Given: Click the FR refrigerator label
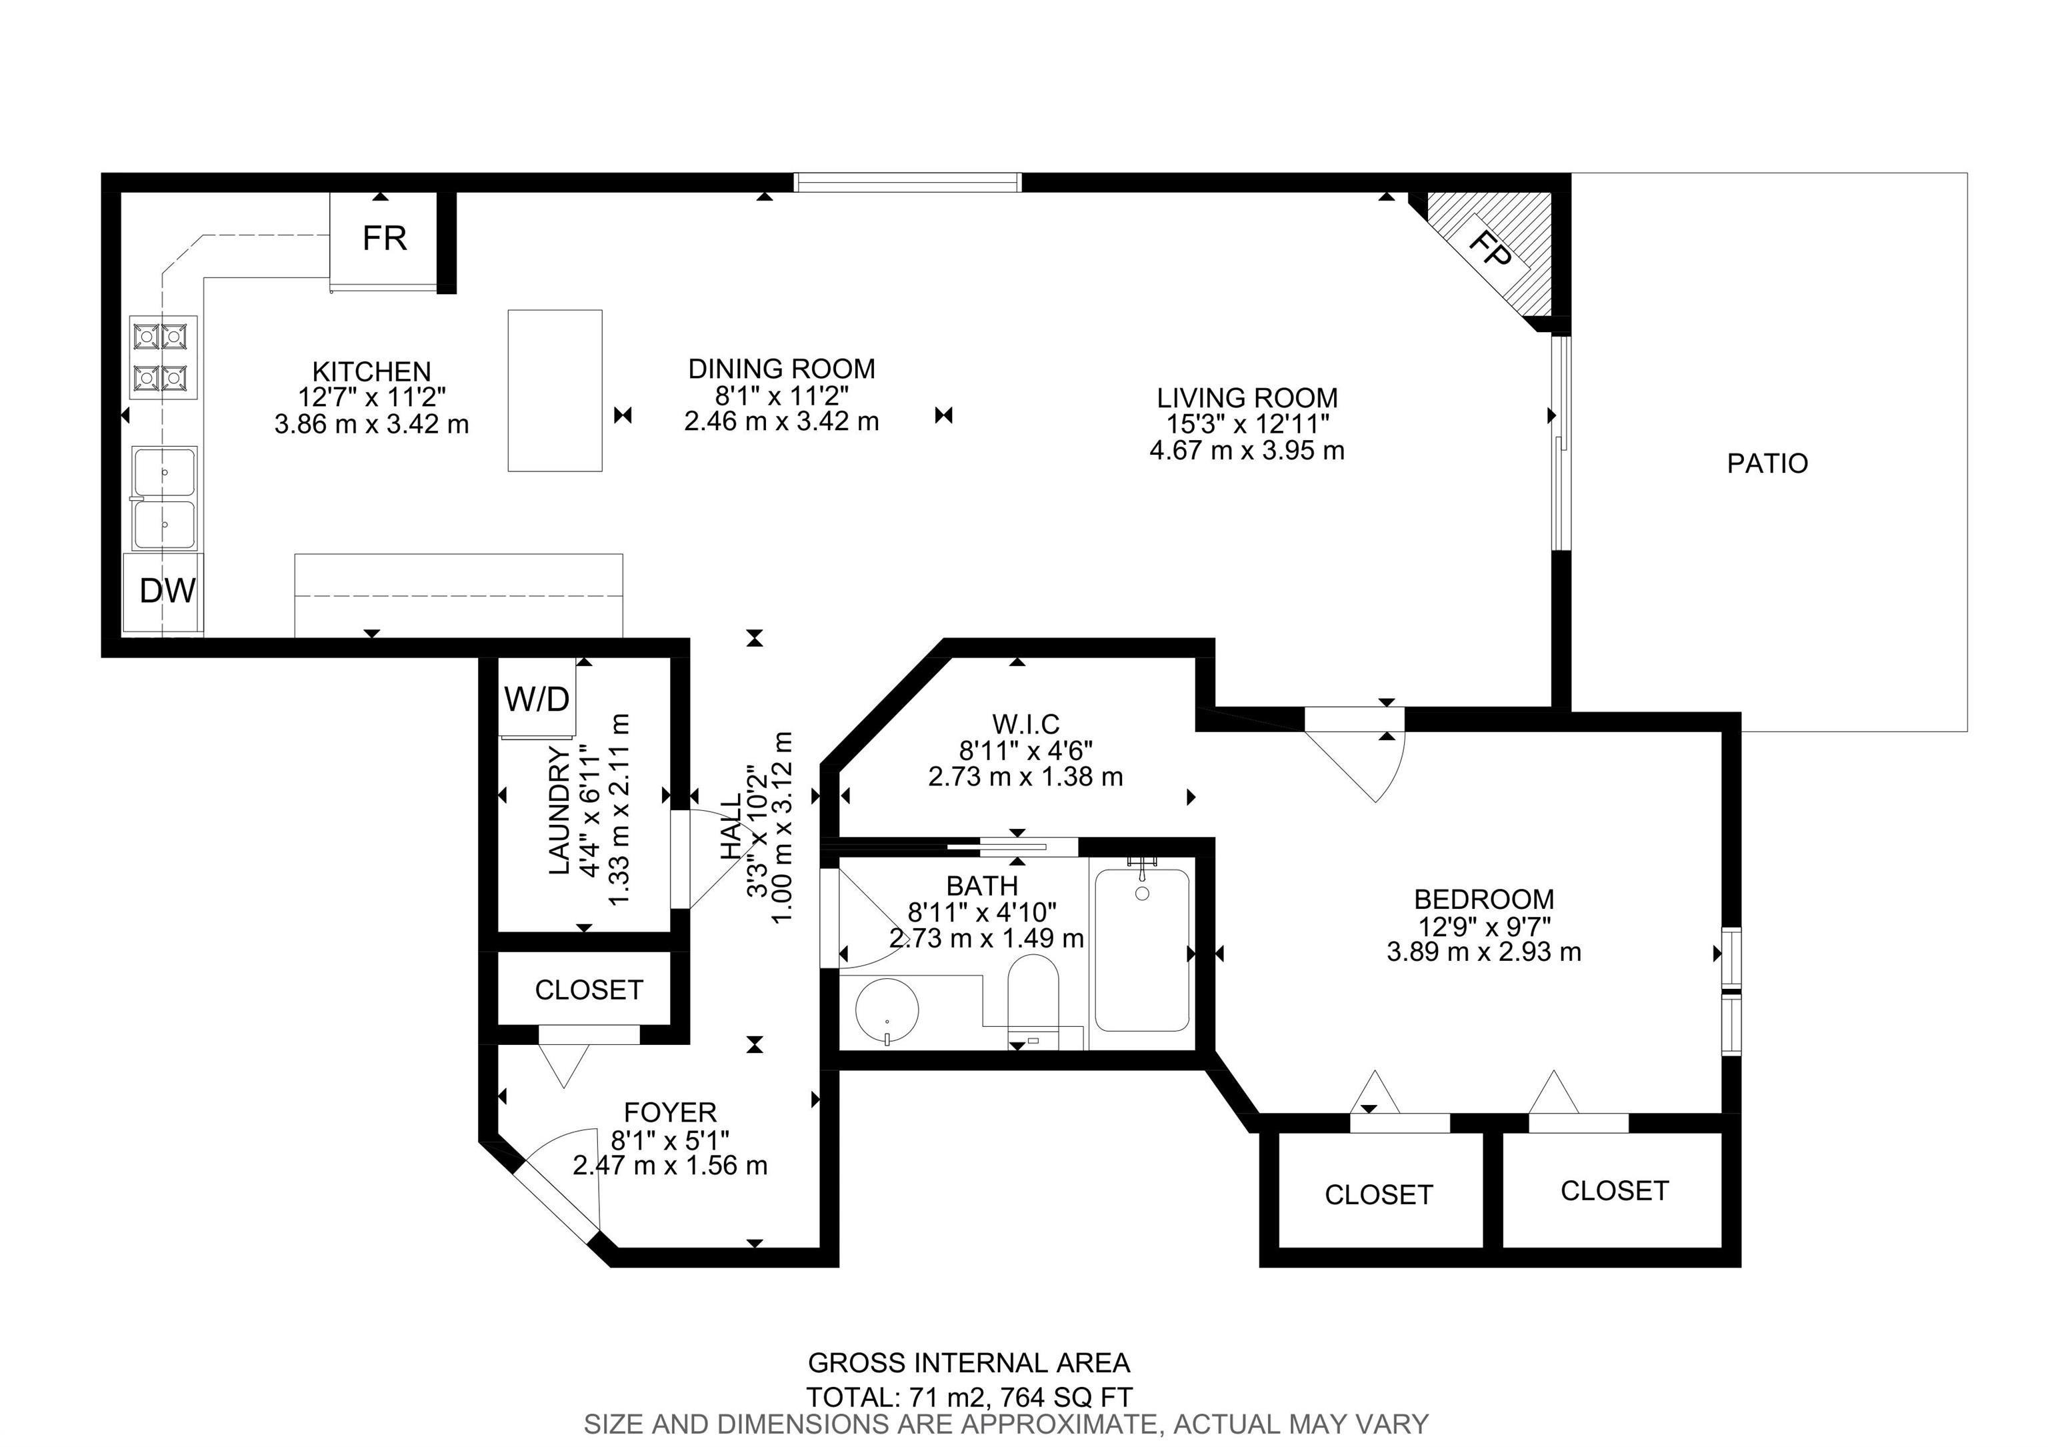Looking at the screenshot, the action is (x=385, y=238).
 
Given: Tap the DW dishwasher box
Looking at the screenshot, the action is (x=164, y=594).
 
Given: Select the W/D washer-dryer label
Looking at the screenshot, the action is (x=537, y=699).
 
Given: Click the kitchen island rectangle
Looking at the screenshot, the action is (x=555, y=390).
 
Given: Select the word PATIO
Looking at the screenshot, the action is (x=1767, y=464).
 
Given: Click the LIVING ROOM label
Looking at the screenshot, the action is (x=1247, y=398).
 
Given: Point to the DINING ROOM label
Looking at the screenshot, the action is (x=781, y=369).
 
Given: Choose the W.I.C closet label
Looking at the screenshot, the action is (x=1026, y=723).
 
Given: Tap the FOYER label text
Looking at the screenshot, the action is (x=670, y=1112).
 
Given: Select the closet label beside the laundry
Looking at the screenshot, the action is (x=589, y=990).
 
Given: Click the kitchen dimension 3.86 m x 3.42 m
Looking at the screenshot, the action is (x=371, y=423).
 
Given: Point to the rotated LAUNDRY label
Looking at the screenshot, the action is (x=559, y=810).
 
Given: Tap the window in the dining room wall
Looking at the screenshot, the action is (x=907, y=182).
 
